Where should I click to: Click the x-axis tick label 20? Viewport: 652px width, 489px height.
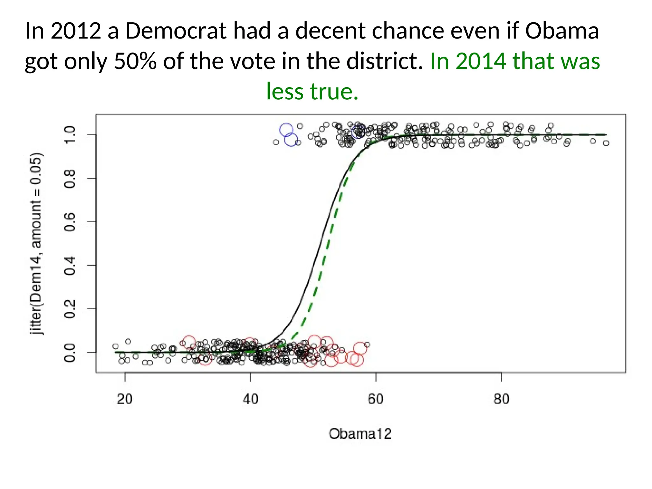click(x=124, y=399)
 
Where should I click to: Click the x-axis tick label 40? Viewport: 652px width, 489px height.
click(x=250, y=399)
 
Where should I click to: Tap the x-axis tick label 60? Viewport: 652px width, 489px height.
click(x=376, y=399)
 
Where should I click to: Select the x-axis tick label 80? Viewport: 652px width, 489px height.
click(x=501, y=399)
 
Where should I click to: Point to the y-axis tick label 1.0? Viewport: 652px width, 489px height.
click(x=70, y=135)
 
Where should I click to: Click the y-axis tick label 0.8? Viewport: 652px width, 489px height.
click(x=70, y=178)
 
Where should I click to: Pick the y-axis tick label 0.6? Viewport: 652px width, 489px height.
click(x=70, y=222)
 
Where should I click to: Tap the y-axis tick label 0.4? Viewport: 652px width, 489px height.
click(x=70, y=265)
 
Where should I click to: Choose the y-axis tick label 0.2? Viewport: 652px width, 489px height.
click(x=70, y=308)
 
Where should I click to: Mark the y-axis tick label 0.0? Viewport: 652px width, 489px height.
click(x=70, y=352)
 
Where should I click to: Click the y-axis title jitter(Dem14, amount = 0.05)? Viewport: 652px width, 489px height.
click(x=36, y=244)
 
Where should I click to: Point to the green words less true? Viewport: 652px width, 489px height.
click(x=312, y=91)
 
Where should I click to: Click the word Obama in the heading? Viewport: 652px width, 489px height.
click(x=562, y=31)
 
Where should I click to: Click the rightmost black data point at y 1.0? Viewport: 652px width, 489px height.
click(x=606, y=143)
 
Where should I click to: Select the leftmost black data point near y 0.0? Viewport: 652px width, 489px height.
click(x=116, y=346)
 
